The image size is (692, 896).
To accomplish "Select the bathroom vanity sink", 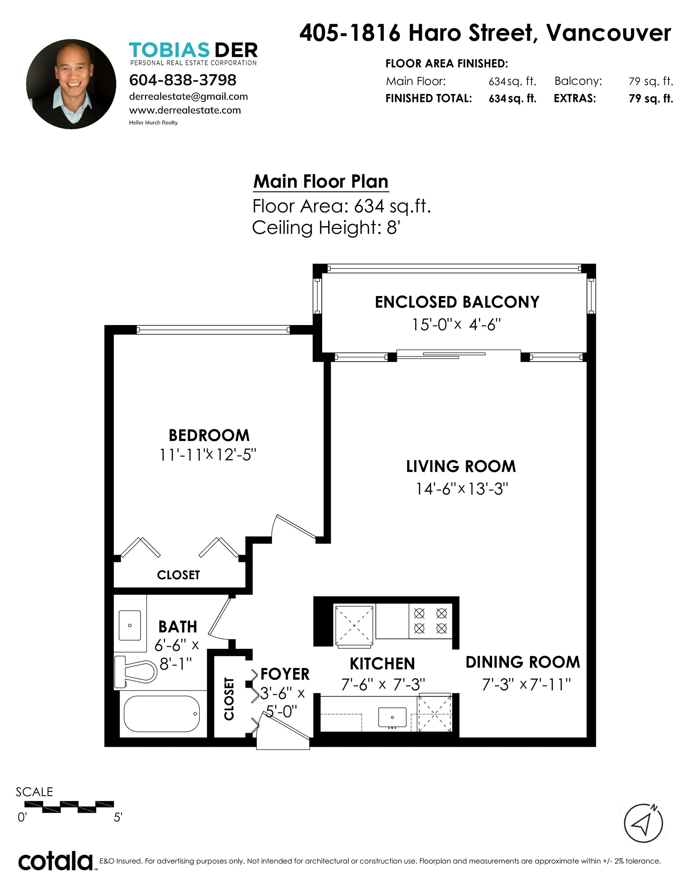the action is coord(129,626).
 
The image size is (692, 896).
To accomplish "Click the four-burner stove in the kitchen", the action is coord(430,621).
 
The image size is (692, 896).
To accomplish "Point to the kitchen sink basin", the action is coord(392,717).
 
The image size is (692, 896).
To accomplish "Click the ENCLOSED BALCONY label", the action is coord(457,302).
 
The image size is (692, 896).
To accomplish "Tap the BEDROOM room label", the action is coord(209,435).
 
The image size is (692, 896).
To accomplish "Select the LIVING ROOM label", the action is coord(461,466).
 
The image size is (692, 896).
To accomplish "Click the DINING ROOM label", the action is coord(523,662).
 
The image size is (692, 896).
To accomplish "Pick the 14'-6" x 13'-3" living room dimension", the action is coord(462,488).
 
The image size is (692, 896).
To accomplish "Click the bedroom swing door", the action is coord(293,527).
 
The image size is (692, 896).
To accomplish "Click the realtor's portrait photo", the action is coord(71,84).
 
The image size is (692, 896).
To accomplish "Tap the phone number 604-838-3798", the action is coord(183,80).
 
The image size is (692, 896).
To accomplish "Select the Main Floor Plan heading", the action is coord(321,181).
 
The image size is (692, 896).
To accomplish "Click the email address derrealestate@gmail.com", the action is coord(188,96).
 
